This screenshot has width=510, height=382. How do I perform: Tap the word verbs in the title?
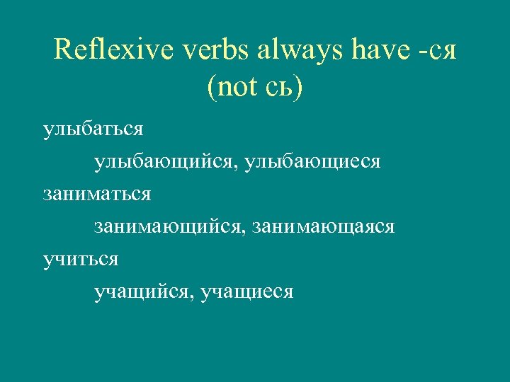pos(202,50)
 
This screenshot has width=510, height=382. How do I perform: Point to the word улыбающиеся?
pos(313,163)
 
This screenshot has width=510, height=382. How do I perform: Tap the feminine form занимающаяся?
pos(324,228)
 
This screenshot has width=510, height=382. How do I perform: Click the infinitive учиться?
pos(81,260)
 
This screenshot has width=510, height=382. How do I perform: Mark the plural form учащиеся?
pos(247,291)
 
